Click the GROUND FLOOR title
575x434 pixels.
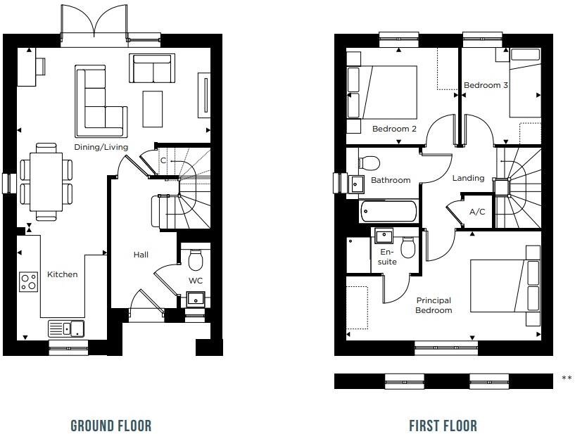coord(110,426)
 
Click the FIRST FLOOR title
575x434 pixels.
coord(443,426)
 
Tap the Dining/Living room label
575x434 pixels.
coord(101,147)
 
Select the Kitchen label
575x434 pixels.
coord(63,274)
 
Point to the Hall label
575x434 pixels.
coord(141,255)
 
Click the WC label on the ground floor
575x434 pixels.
coord(195,281)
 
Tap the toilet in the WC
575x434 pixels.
coord(196,260)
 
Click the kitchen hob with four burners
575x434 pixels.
coord(29,282)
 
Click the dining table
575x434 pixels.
coord(46,181)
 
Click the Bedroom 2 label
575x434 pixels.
coord(394,129)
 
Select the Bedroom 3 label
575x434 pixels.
coord(486,85)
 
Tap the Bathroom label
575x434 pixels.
coord(391,180)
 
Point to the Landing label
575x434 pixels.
coord(468,178)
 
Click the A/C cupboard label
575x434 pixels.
coord(477,212)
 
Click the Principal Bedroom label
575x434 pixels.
coord(433,305)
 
